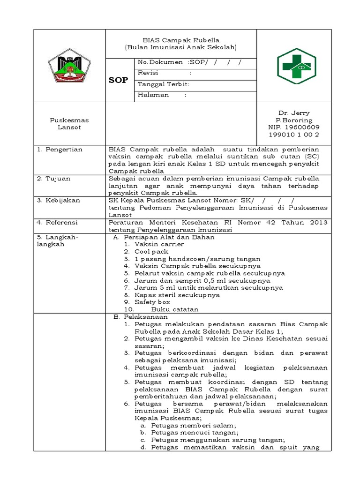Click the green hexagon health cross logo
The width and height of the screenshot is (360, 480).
click(296, 65)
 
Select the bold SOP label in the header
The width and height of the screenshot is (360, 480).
click(118, 80)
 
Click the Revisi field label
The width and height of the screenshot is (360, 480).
click(148, 73)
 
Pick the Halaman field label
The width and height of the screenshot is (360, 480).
click(153, 95)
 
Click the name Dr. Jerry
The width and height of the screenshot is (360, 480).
click(294, 113)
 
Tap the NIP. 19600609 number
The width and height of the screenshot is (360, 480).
click(294, 127)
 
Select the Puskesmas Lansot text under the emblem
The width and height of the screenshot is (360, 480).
click(69, 124)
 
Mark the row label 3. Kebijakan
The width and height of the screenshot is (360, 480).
click(59, 200)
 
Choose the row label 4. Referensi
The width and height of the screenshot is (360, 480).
click(58, 222)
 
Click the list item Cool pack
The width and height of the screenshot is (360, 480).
click(151, 252)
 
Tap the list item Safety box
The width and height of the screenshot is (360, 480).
click(152, 302)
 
